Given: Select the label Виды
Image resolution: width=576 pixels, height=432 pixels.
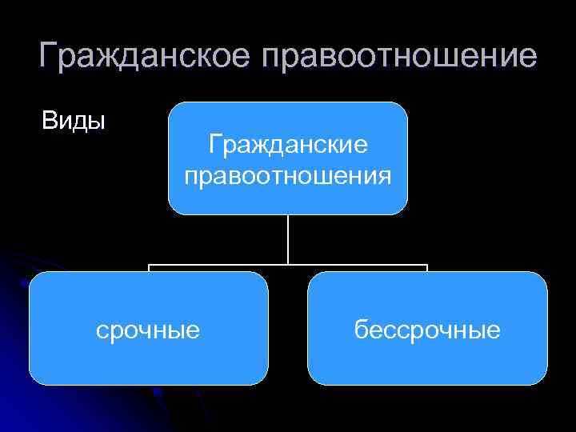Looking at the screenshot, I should tap(74, 122).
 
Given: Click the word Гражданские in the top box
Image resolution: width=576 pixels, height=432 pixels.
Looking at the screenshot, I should tap(287, 146).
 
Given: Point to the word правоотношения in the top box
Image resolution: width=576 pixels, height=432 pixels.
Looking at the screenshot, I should tap(288, 174).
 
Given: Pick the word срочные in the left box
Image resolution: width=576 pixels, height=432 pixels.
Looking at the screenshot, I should tap(148, 329).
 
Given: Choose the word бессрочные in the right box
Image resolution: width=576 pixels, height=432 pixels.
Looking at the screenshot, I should tap(428, 329).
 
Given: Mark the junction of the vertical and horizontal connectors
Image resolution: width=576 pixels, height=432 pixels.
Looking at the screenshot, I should tap(288, 264).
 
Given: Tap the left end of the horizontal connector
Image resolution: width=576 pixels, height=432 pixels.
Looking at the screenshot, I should tap(149, 265).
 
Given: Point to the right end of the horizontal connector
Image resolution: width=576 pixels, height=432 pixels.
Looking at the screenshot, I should tap(427, 265).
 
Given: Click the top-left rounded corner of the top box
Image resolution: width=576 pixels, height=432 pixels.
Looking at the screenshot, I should tap(174, 108).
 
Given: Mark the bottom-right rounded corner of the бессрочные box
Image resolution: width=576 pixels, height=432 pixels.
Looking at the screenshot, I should tap(541, 378).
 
